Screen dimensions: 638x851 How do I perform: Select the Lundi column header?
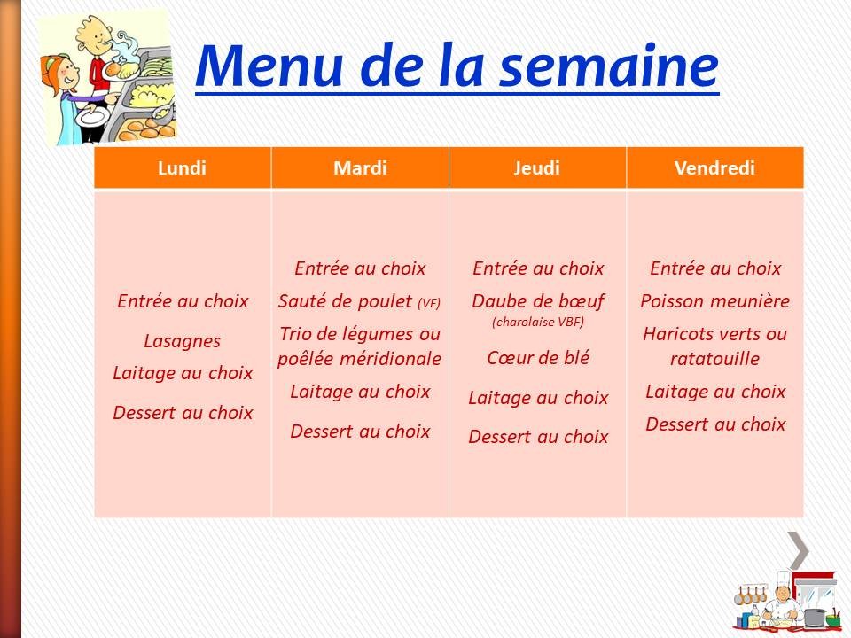pos(182,168)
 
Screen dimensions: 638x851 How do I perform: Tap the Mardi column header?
pos(360,168)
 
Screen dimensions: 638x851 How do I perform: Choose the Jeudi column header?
pos(537,168)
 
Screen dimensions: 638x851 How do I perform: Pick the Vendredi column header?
pos(714,168)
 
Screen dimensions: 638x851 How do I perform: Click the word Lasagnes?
pos(182,341)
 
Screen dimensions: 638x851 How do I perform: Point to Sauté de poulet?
pos(346,301)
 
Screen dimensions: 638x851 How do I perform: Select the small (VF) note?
pos(428,304)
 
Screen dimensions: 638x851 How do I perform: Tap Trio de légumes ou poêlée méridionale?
pos(359,346)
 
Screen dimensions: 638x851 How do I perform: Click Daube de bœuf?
pos(537,301)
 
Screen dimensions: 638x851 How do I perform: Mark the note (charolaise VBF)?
pos(537,323)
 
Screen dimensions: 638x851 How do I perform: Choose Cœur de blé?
pos(537,358)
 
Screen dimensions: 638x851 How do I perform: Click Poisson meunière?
pos(714,301)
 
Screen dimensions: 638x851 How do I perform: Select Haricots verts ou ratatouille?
pos(714,346)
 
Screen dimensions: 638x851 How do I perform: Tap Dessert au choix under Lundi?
pos(183,413)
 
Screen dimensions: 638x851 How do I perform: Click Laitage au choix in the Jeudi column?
pos(537,399)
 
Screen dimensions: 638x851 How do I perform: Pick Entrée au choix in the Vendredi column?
pos(714,268)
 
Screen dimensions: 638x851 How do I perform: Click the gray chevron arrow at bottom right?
pos(799,550)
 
